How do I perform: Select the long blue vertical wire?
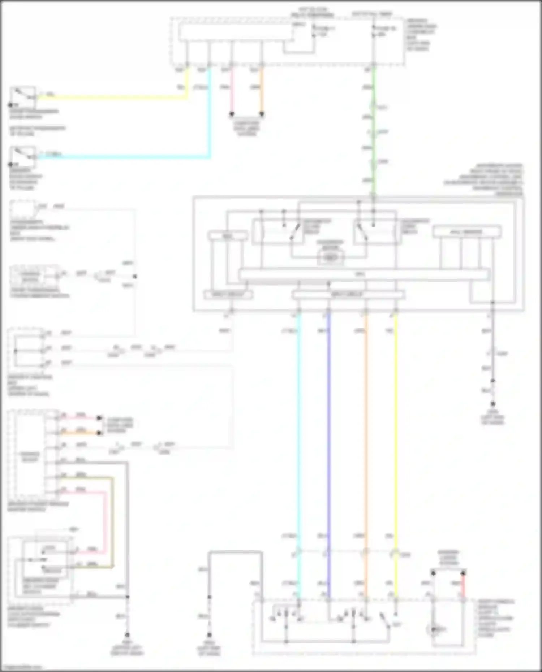(328, 433)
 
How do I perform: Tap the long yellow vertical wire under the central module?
(396, 433)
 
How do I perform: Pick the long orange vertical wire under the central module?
(366, 433)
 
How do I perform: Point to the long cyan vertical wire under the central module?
(298, 433)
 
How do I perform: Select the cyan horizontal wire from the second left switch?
(123, 157)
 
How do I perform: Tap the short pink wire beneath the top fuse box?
(232, 90)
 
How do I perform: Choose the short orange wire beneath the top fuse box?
(262, 90)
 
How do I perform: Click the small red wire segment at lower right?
(463, 586)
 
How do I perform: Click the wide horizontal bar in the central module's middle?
(364, 274)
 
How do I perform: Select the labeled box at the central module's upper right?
(467, 232)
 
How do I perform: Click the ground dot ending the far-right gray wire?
(492, 404)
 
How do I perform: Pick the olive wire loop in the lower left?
(112, 524)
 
